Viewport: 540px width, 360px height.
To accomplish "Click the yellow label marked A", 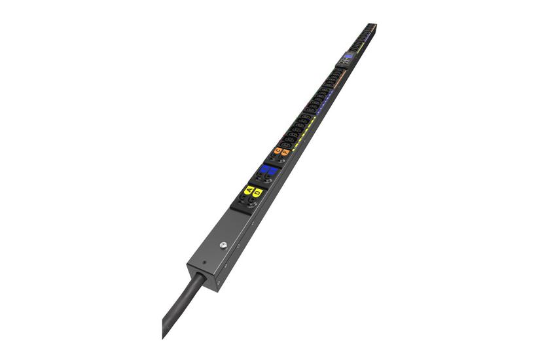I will pos(249,190).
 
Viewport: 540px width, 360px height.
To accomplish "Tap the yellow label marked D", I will pos(258,192).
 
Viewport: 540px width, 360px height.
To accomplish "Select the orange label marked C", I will pos(278,151).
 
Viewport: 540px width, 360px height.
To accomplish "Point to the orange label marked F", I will pos(285,153).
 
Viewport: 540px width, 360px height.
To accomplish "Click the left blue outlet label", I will pos(263,170).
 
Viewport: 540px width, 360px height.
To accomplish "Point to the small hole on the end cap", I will pos(204,264).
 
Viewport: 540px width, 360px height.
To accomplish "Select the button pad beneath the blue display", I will pos(345,63).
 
